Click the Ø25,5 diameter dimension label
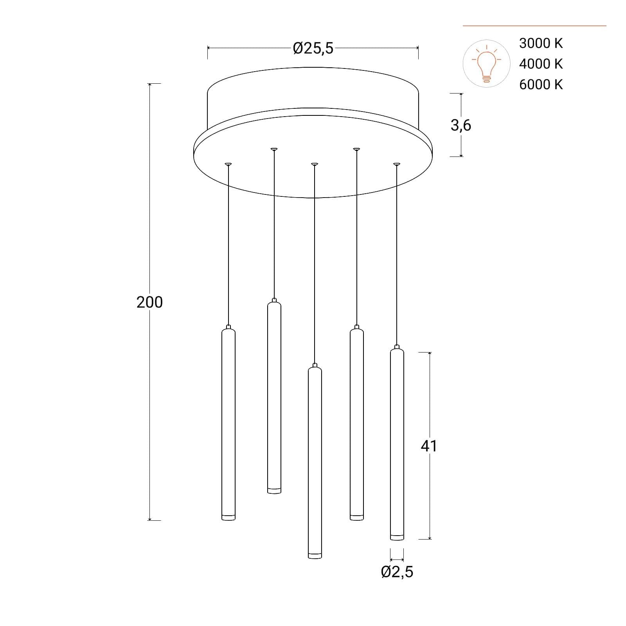[313, 48]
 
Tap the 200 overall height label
[149, 302]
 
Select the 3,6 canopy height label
[461, 125]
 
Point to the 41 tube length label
[429, 446]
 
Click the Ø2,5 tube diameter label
[397, 572]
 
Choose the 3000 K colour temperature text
[541, 43]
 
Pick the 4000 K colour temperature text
[541, 64]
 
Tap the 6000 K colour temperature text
[541, 85]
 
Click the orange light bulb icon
[486, 63]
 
